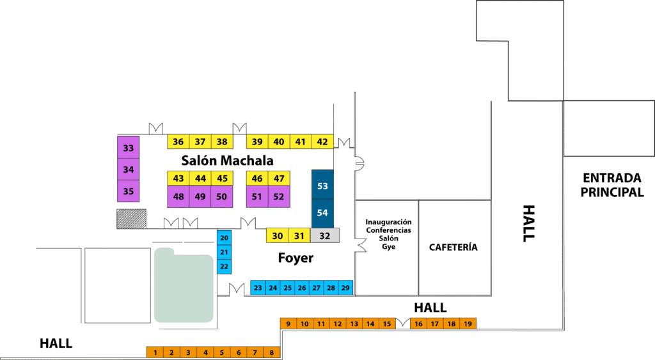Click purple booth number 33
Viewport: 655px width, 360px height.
point(128,147)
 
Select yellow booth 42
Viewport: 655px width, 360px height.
point(322,141)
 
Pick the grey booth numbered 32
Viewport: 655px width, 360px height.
point(324,235)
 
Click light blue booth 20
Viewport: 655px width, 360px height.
point(225,238)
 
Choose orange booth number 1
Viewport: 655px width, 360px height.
point(155,352)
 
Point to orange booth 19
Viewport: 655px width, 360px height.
point(468,324)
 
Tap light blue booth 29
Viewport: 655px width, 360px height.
point(345,287)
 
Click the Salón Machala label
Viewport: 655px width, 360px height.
point(227,160)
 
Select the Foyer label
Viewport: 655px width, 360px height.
point(296,258)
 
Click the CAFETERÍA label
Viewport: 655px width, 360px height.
point(454,247)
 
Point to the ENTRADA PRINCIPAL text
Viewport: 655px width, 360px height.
point(612,185)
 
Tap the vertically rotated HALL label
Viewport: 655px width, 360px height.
point(529,223)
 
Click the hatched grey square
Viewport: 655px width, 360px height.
point(132,219)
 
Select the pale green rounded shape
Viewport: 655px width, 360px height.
point(184,285)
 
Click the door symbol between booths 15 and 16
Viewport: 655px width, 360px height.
point(403,322)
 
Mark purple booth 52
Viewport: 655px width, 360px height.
point(279,197)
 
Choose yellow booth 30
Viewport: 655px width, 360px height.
point(278,235)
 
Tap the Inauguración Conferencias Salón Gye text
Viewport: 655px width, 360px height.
point(388,234)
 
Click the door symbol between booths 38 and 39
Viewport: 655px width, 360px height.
point(240,129)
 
